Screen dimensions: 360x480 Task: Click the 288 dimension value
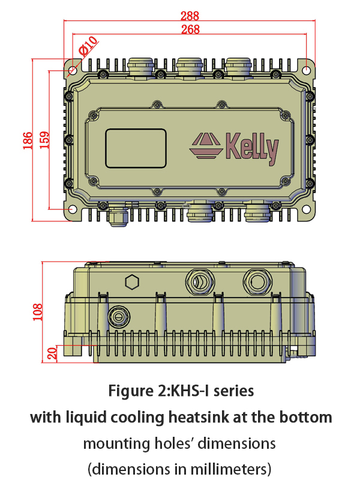[x=190, y=16]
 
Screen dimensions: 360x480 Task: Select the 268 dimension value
[x=190, y=29]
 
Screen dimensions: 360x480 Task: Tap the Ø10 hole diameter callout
[x=88, y=46]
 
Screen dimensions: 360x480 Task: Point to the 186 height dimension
[x=28, y=140]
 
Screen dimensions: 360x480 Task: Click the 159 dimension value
[x=44, y=140]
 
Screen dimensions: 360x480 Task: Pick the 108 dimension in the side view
[x=37, y=312]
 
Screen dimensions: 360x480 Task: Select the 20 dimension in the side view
[x=52, y=353]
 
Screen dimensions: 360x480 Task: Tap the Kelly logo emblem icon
[x=206, y=146]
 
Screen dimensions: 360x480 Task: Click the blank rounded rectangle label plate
[x=136, y=148]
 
